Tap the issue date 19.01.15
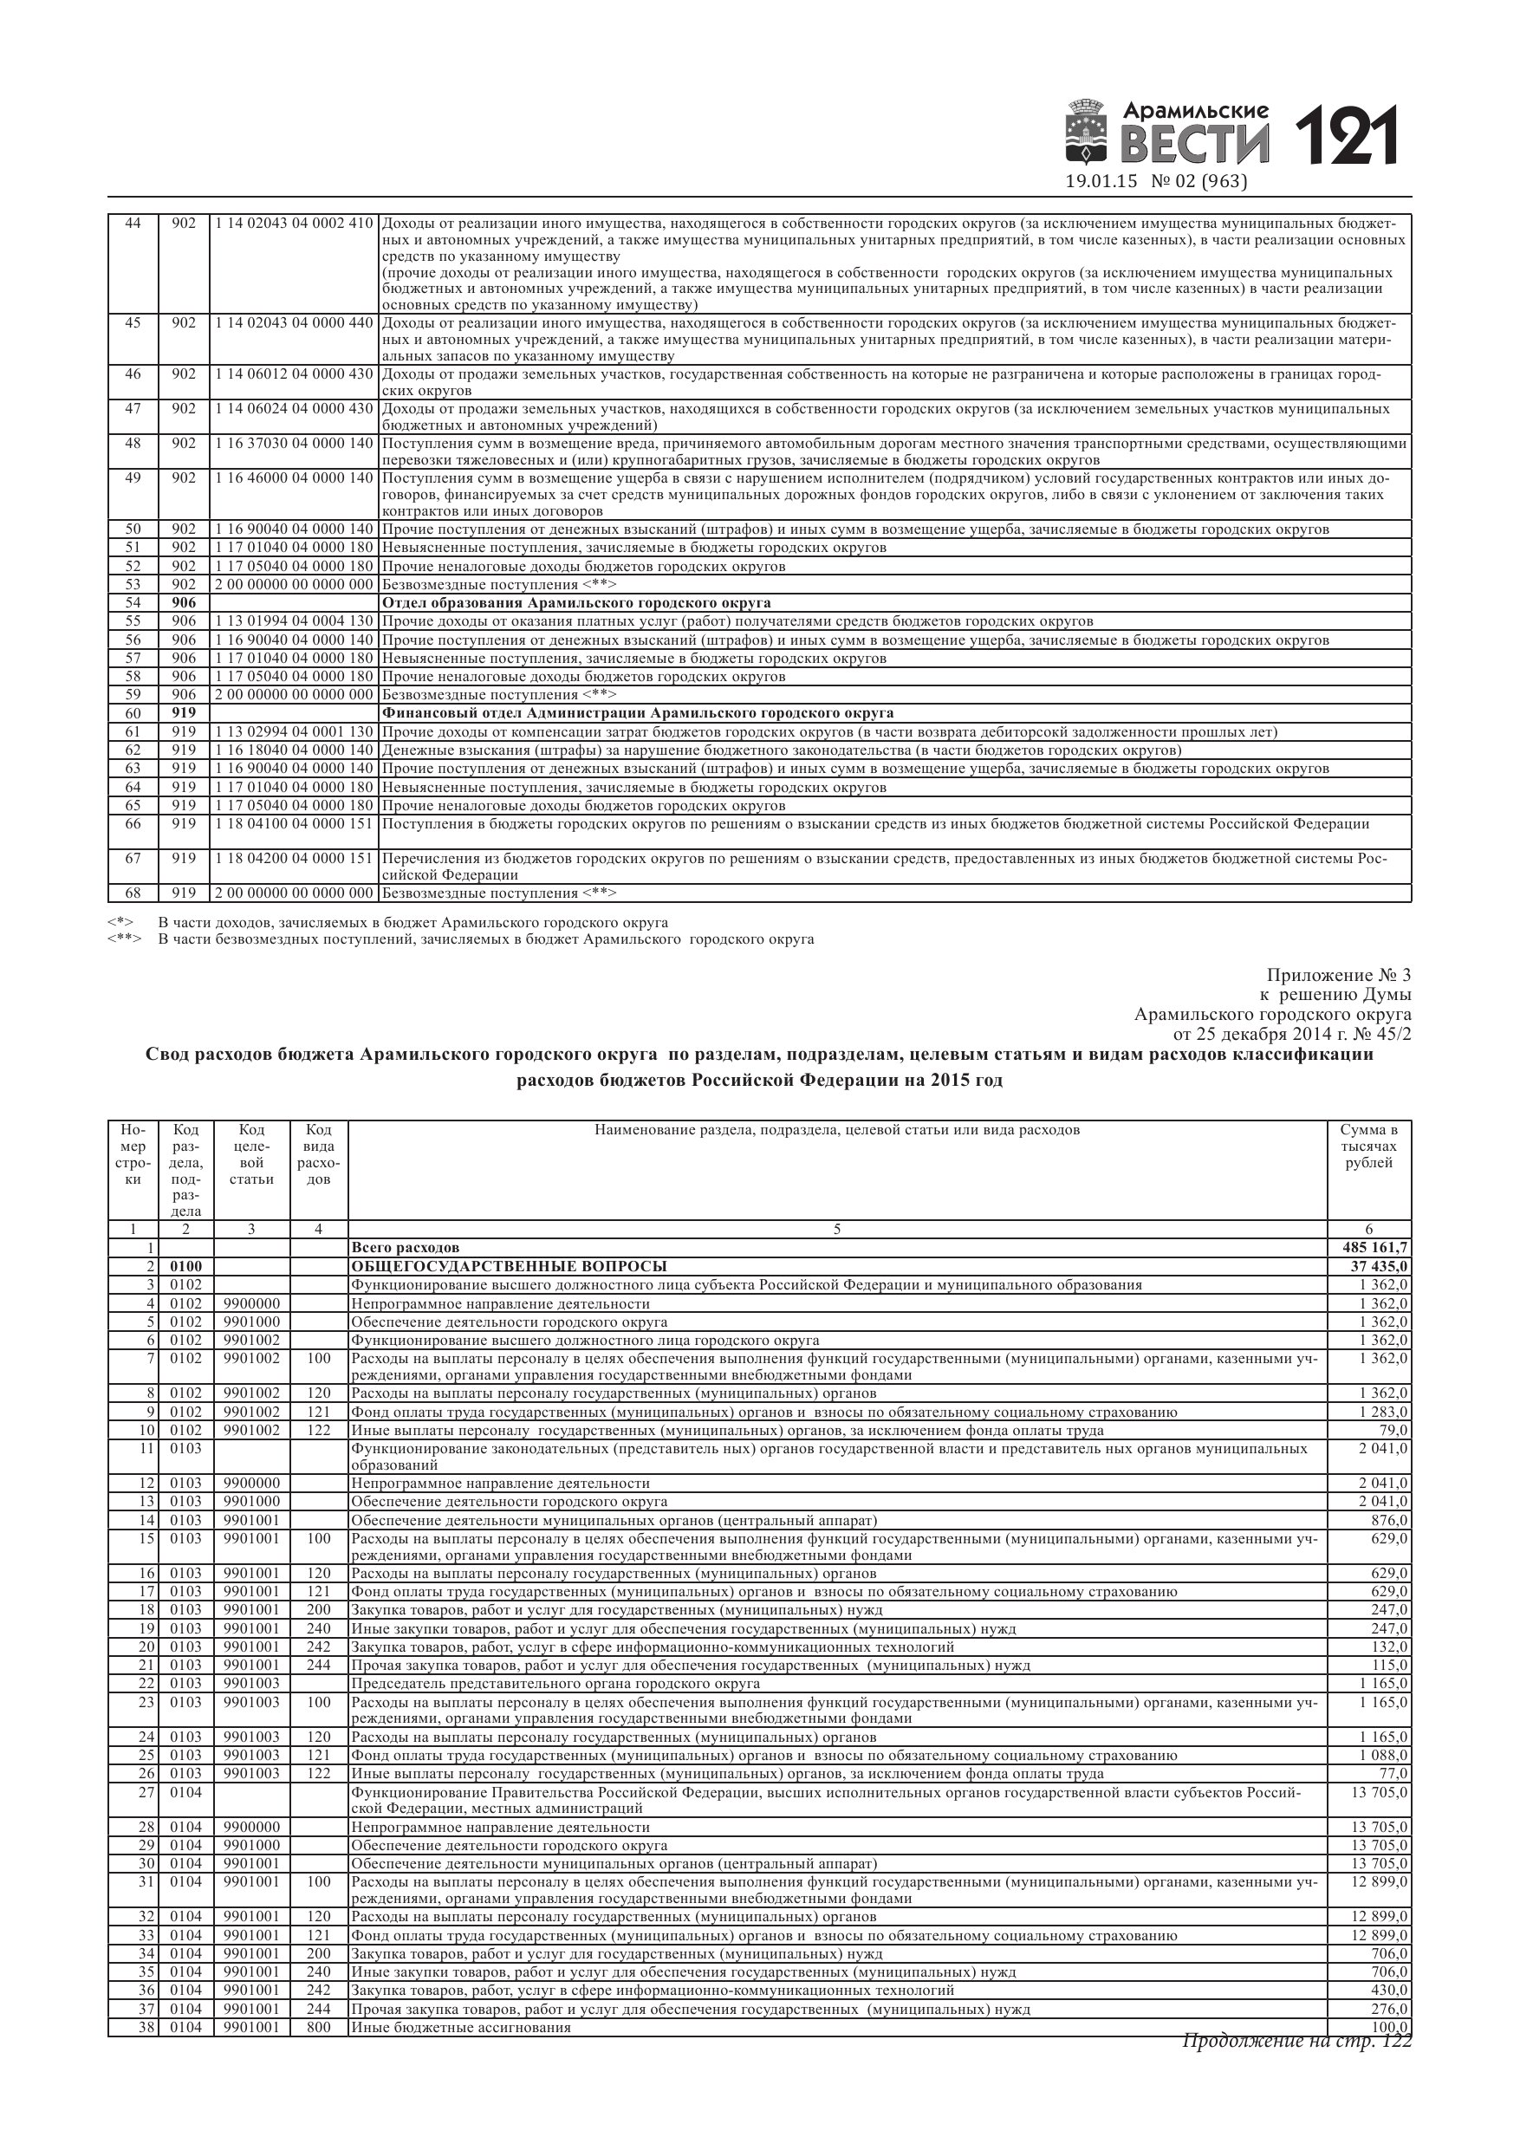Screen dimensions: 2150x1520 1101,182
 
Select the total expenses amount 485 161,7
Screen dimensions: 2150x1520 1374,1248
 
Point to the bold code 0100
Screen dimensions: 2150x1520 185,1267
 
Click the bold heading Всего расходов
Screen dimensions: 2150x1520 405,1248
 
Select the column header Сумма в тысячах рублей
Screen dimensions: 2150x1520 1368,1147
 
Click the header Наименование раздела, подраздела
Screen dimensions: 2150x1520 836,1130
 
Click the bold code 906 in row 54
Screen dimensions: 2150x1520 184,603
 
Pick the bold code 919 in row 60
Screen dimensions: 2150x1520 184,713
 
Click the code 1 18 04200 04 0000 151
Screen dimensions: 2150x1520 293,859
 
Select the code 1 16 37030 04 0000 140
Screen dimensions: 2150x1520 293,443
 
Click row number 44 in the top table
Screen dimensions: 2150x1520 133,223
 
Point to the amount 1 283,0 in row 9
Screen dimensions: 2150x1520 1384,1413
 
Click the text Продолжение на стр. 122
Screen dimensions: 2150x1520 1296,2041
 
